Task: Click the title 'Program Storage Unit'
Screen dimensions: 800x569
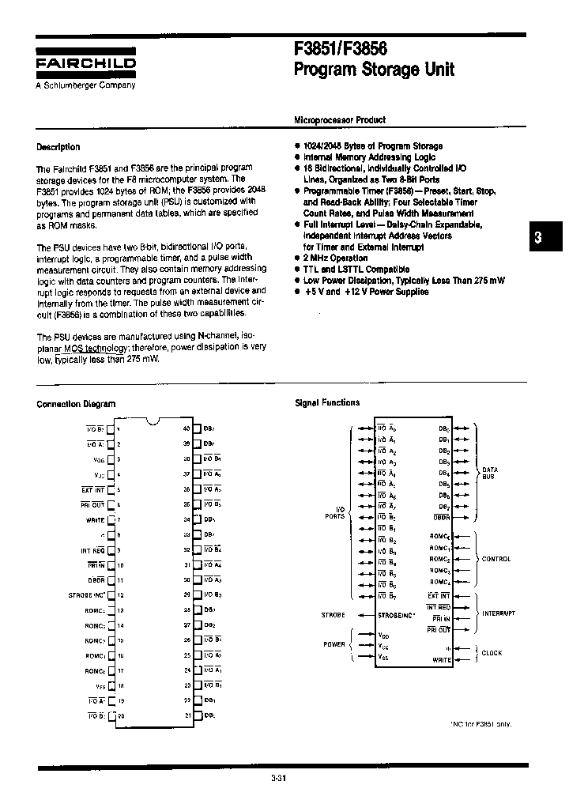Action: click(374, 70)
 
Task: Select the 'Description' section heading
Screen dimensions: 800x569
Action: click(58, 147)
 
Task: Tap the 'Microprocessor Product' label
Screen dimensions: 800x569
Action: click(340, 120)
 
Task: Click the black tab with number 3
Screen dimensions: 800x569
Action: click(537, 237)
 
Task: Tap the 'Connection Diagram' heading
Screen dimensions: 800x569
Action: click(76, 404)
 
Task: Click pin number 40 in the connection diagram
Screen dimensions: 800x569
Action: click(187, 428)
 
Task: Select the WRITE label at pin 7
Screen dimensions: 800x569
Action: click(96, 519)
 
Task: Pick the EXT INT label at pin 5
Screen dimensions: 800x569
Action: click(92, 489)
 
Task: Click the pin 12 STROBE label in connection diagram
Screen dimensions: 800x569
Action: click(88, 594)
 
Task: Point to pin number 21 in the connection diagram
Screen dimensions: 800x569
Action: click(187, 715)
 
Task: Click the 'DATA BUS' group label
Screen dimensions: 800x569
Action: click(490, 474)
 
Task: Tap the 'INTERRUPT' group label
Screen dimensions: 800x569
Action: click(499, 613)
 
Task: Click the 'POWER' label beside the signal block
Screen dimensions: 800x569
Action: click(333, 644)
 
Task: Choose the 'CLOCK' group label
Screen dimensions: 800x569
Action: click(492, 653)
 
